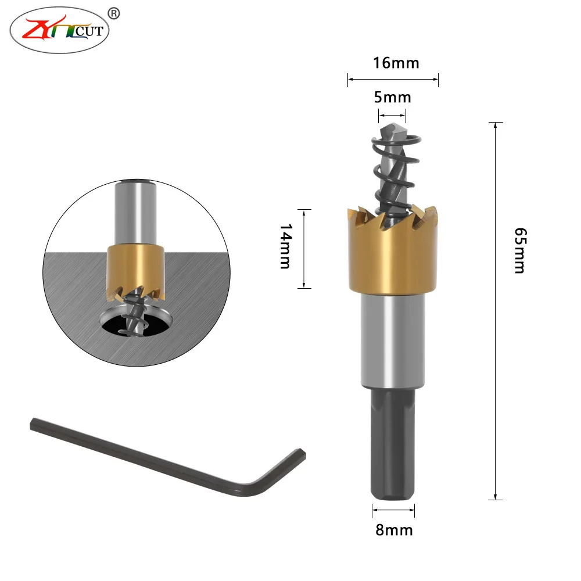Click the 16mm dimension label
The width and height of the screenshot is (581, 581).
click(x=396, y=63)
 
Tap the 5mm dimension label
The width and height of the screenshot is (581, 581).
click(x=392, y=98)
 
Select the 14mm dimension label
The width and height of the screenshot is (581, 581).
click(x=286, y=246)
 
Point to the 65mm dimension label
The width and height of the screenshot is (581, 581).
click(x=520, y=250)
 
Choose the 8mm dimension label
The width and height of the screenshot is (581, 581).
click(x=394, y=530)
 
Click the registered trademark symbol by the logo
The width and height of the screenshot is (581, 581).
click(x=114, y=14)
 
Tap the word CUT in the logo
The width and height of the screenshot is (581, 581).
click(x=89, y=31)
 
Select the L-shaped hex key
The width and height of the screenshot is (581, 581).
click(x=167, y=458)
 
